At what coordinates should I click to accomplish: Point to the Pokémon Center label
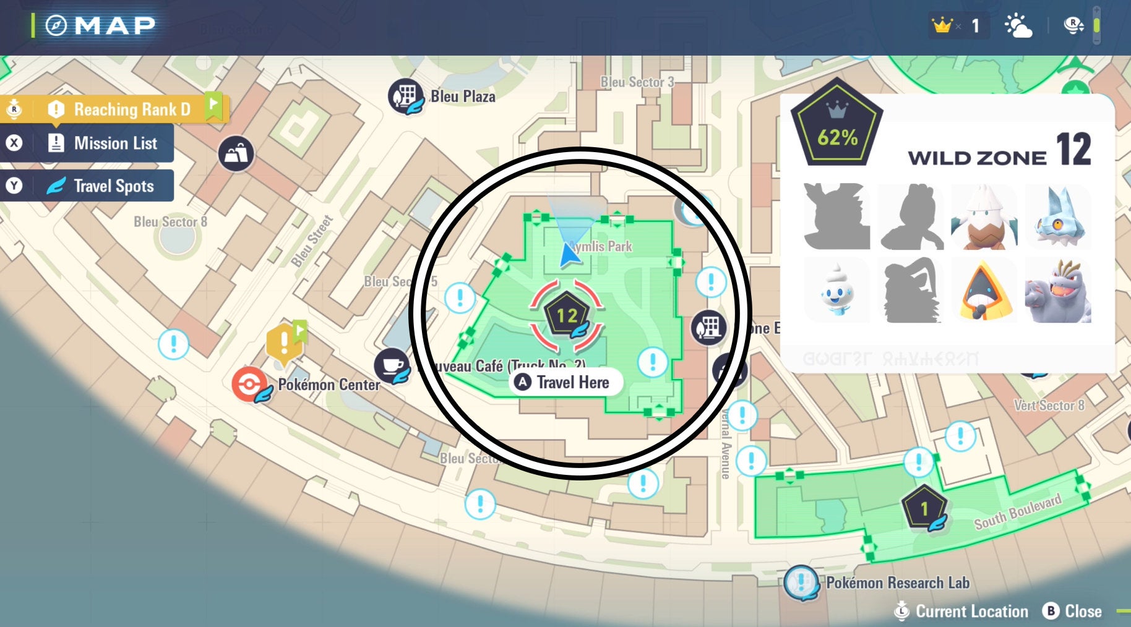pos(329,385)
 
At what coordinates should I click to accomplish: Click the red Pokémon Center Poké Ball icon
pos(249,384)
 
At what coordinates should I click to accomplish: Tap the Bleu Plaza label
pos(463,96)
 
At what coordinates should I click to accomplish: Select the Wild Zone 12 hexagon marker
pos(566,315)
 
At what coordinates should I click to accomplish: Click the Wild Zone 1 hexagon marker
pos(924,508)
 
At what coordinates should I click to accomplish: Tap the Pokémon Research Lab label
pos(898,582)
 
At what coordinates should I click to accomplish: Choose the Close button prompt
pos(1073,611)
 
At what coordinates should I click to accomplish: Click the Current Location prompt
pos(961,611)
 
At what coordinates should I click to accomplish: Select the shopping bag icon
pos(236,153)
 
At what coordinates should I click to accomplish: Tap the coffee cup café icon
pos(391,365)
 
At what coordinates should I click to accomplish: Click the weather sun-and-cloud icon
pos(1018,26)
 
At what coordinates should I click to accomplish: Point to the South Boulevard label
pos(1018,511)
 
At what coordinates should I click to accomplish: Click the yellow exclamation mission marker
pos(283,342)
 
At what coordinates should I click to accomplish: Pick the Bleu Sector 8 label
pos(170,221)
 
